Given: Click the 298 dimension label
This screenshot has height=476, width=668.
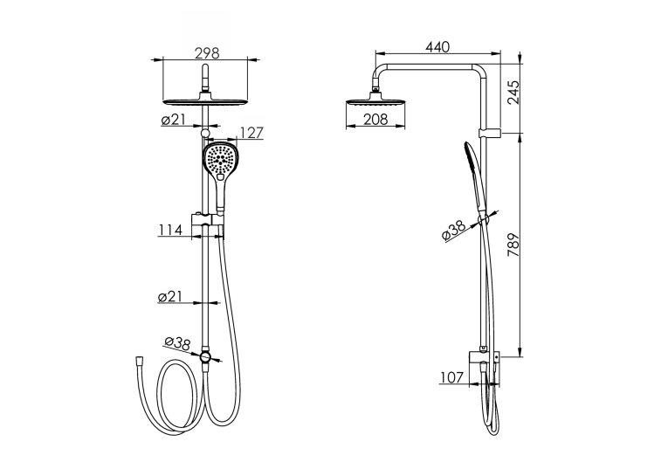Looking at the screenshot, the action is pyautogui.click(x=207, y=53).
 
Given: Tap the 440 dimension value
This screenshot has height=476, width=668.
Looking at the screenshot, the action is pyautogui.click(x=437, y=47).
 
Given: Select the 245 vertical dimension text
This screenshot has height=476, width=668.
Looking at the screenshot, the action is pyautogui.click(x=513, y=93).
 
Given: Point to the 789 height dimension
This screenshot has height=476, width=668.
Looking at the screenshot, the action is pyautogui.click(x=513, y=245).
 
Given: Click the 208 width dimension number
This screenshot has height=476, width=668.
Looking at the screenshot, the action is pyautogui.click(x=375, y=120).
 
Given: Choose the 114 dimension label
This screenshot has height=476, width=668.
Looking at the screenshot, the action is pyautogui.click(x=170, y=230).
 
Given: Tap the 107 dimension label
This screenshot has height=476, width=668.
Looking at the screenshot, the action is pyautogui.click(x=451, y=377).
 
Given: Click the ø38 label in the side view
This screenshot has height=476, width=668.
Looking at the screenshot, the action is pyautogui.click(x=454, y=231).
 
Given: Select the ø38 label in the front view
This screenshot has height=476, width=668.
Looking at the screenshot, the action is pyautogui.click(x=177, y=343).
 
